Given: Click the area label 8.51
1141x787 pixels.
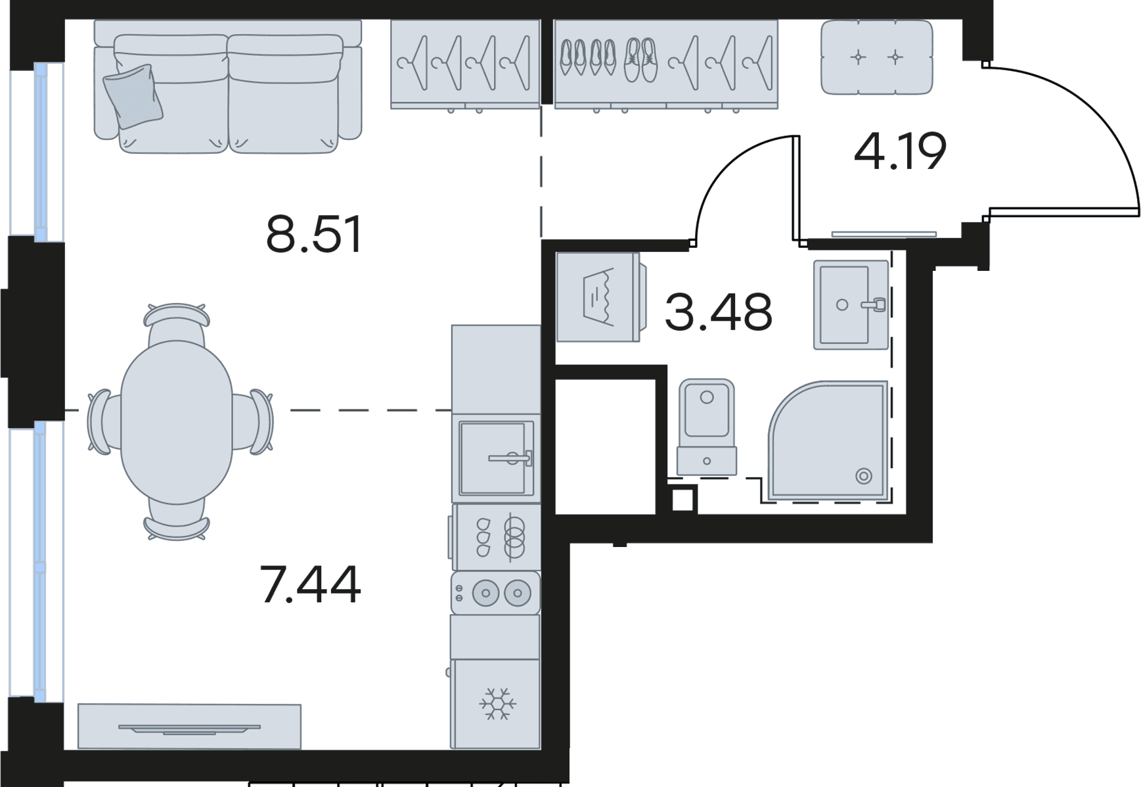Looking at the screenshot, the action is point(314,235).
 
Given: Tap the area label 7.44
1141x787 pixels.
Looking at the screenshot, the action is point(310,584).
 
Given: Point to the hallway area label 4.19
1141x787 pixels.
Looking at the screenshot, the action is point(900,151).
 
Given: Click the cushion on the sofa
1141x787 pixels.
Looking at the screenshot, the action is point(133,96).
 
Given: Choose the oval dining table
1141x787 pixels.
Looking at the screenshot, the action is point(177,421).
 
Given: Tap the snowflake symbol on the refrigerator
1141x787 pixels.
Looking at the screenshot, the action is point(498,704).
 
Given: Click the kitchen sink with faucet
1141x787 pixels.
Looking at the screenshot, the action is point(496,458).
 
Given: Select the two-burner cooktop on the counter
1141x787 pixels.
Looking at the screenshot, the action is point(496,593).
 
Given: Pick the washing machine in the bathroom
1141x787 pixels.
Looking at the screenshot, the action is point(600,297).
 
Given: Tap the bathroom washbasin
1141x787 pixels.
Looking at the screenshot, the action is point(851,304).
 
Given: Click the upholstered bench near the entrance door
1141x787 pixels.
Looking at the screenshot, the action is point(877,57).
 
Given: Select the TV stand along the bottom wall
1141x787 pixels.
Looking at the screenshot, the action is point(189,727).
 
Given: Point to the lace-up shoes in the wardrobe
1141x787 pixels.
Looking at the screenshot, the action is point(640,60).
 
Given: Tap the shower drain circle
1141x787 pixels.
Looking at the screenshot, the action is point(863,476).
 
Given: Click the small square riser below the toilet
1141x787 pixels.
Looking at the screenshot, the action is point(683,501).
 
